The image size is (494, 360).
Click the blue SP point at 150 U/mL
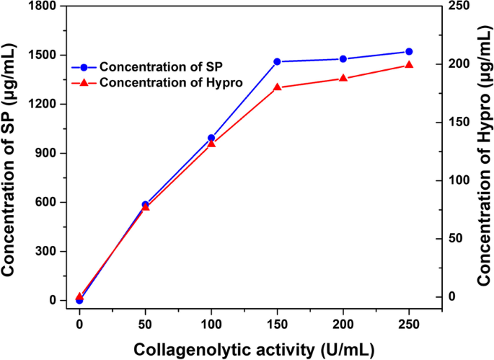click(277, 62)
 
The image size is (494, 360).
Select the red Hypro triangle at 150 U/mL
click(277, 87)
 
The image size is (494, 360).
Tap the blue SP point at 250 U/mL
click(409, 52)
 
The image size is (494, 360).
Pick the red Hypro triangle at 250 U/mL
click(409, 65)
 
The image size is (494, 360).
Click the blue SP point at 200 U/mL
click(343, 59)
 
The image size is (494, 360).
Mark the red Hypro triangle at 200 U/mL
click(343, 78)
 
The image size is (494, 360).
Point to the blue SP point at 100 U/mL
click(211, 138)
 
